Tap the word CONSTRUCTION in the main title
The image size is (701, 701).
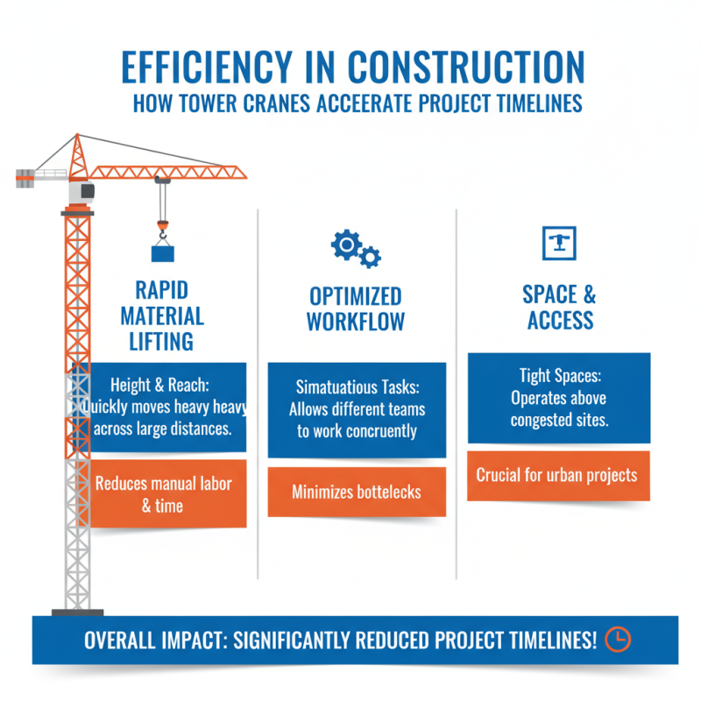point(464,68)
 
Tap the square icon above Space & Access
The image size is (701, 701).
point(555,244)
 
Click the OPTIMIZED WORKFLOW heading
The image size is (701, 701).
point(355,308)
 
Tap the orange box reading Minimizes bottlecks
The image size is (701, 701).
point(357,492)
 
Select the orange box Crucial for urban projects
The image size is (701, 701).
point(558,476)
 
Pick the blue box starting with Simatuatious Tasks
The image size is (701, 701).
point(357,409)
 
